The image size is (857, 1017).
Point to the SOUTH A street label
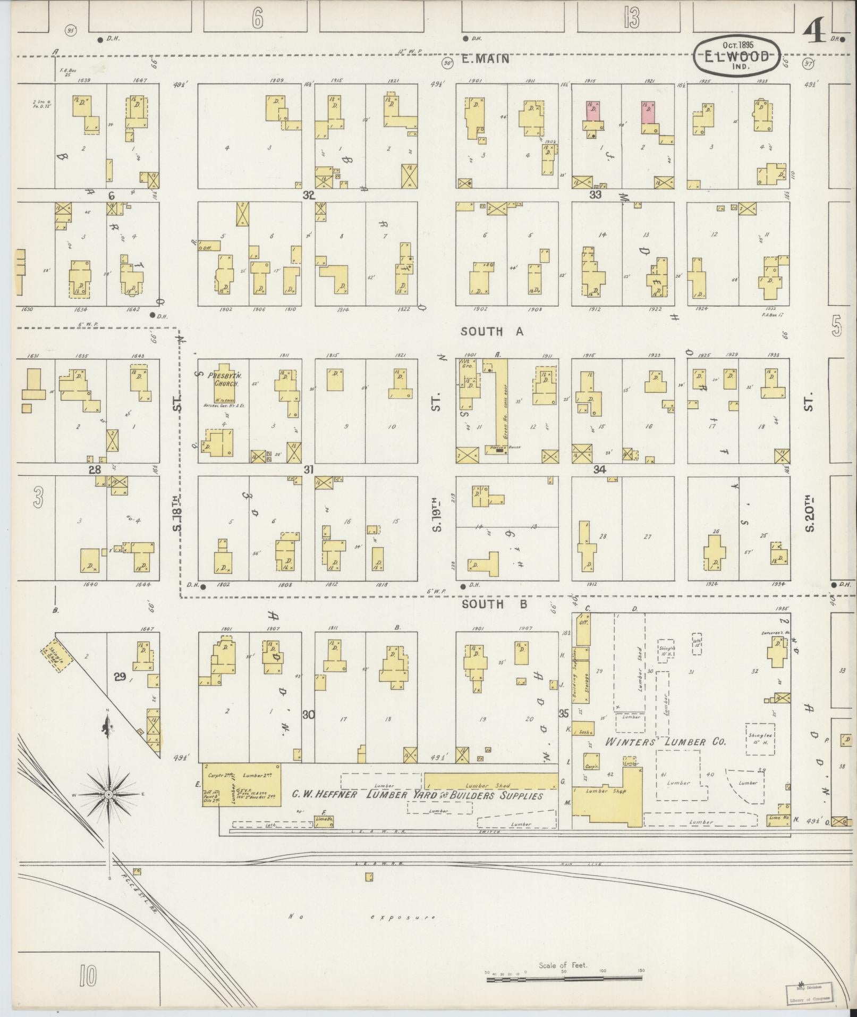coord(492,332)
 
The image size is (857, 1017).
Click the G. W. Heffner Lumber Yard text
coord(417,796)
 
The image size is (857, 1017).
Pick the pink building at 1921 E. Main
coord(648,112)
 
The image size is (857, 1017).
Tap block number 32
coord(309,195)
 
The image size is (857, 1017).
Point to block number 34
coord(600,470)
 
